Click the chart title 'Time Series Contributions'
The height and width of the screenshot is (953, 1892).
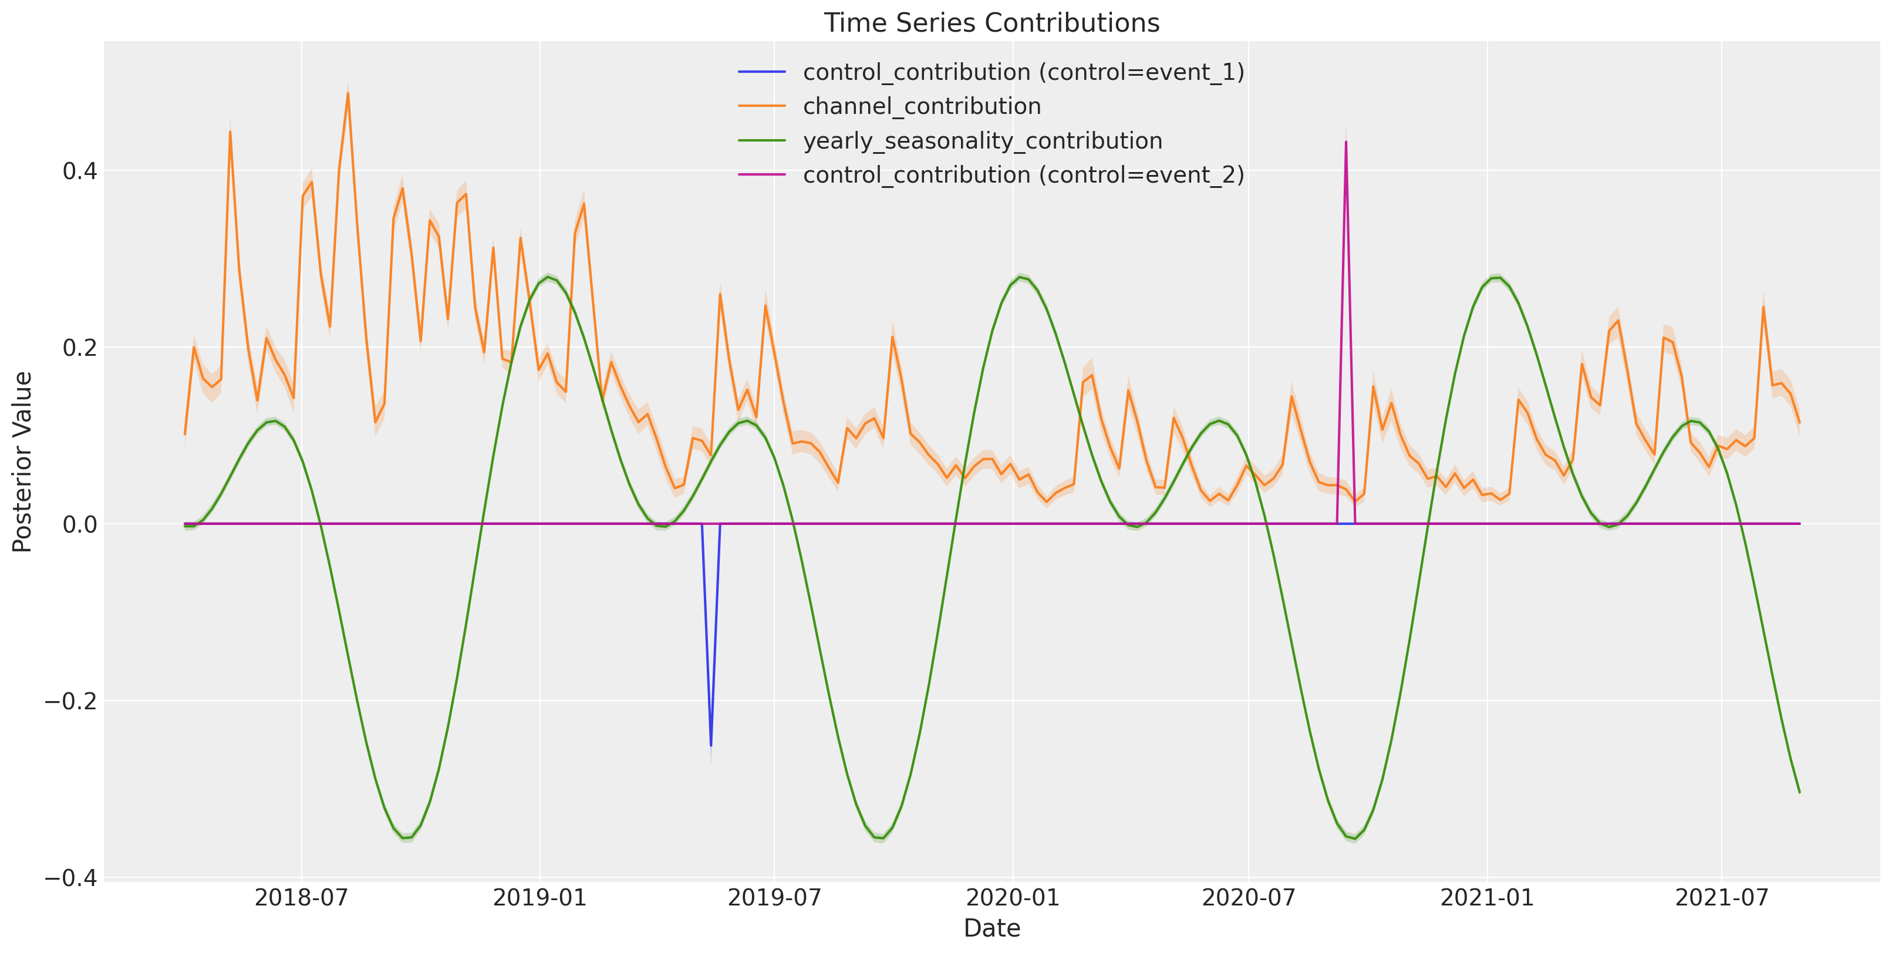991,23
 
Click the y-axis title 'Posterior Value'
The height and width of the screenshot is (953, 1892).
23,462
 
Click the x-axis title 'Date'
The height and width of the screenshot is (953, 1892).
991,928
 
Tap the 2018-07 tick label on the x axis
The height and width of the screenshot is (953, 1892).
302,897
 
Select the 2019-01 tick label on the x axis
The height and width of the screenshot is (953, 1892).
540,897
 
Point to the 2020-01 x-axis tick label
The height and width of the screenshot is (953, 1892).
1013,897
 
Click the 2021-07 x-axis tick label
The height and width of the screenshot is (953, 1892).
1722,897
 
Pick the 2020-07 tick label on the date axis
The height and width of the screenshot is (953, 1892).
1249,897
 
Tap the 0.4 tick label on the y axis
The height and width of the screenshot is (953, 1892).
80,171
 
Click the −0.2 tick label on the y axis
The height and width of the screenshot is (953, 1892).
71,701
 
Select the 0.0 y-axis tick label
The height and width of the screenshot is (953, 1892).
80,524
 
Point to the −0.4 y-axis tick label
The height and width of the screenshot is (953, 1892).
71,877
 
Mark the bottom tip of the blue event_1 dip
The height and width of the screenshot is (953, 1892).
711,746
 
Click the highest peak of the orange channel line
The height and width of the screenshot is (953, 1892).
348,93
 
